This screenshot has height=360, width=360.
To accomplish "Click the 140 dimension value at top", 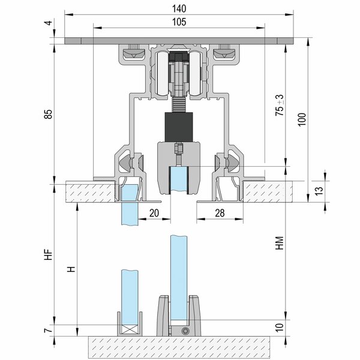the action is coord(179,9).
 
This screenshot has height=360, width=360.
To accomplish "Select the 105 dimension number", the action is coord(179,22).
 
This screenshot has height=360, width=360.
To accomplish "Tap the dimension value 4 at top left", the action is coord(49,23).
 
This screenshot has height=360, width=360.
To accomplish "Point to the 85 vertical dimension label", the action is coord(49,114).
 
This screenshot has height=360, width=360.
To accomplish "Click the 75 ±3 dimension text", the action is coord(280,105).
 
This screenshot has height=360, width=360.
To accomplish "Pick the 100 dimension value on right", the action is coord(302,119).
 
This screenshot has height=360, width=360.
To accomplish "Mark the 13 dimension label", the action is coord(319,191).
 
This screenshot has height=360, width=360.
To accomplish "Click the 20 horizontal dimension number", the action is coord(154,213).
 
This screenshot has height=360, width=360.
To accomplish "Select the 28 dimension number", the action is coord(220,213).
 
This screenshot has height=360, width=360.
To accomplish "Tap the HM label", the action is coord(280,243).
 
